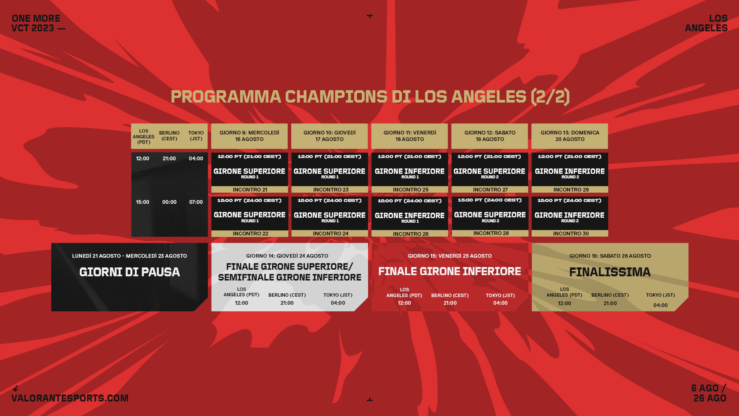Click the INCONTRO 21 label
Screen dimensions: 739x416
[250, 190]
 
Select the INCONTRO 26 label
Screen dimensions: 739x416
[410, 234]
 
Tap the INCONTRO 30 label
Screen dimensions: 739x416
[571, 233]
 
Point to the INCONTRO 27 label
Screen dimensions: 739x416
[490, 190]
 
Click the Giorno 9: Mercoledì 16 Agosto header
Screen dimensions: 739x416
[249, 136]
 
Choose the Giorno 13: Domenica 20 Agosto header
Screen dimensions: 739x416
[570, 136]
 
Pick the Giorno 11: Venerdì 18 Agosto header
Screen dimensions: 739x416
[410, 136]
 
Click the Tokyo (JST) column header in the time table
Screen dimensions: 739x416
[196, 136]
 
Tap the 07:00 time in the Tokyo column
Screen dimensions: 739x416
[196, 202]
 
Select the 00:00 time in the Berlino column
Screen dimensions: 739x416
[169, 202]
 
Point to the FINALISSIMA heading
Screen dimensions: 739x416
[610, 272]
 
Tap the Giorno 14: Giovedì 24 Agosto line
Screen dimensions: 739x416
[287, 256]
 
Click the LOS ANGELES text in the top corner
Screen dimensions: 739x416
[706, 23]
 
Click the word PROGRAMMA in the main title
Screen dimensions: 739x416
[226, 96]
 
